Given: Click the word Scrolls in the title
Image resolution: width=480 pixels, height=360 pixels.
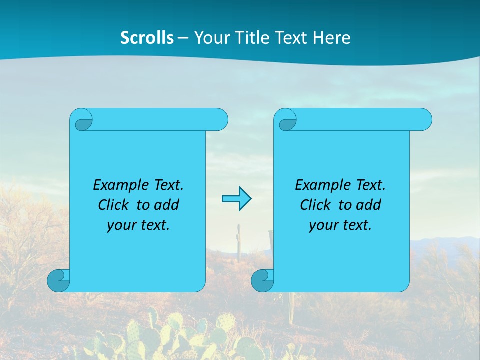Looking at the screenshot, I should point(147,38).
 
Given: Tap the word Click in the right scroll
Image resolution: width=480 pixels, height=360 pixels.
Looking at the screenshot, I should point(315,205).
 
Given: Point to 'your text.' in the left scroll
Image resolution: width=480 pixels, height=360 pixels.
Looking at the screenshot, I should point(138,225).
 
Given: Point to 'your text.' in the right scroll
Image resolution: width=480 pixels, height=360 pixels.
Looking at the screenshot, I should point(340,225).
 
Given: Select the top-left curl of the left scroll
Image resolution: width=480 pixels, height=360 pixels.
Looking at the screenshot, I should point(83,120).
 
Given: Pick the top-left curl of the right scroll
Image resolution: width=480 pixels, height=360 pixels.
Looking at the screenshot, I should point(287,120).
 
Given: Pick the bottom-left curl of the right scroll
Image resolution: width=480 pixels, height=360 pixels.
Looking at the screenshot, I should point(262,280).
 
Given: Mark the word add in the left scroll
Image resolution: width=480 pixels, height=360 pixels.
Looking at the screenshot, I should point(167,205).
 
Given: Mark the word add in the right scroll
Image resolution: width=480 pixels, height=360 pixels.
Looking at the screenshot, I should point(369,205).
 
